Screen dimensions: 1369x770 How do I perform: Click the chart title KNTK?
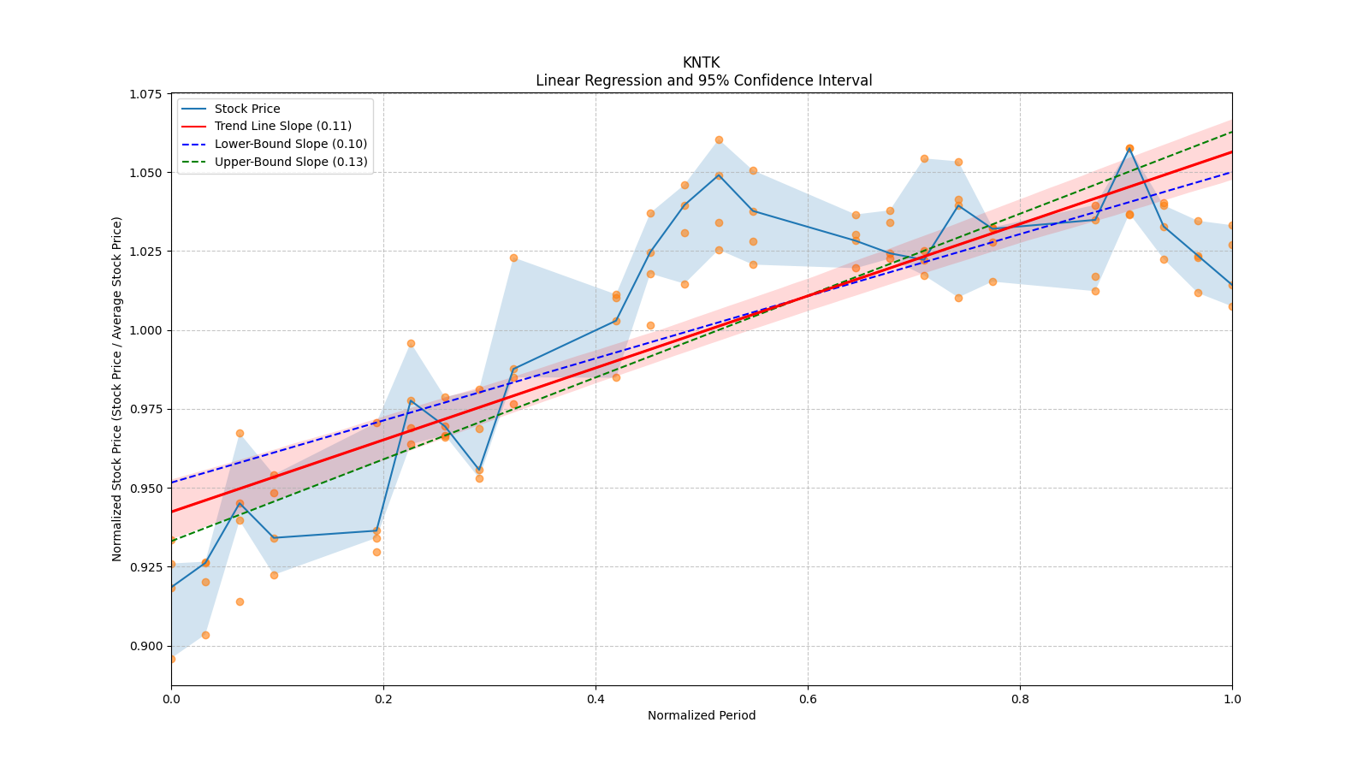(x=701, y=62)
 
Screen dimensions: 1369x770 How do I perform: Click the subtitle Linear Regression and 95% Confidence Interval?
(x=703, y=80)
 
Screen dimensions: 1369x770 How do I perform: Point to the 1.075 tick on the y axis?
(x=146, y=94)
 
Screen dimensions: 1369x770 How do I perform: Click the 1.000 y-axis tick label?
(x=146, y=330)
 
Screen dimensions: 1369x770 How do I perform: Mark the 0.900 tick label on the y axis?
(x=146, y=646)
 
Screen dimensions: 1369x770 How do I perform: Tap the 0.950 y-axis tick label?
(x=146, y=489)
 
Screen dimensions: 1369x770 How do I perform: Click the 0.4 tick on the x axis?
(x=596, y=698)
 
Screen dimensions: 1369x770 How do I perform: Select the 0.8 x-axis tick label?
(x=1020, y=698)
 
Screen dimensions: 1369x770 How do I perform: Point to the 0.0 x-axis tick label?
(x=171, y=698)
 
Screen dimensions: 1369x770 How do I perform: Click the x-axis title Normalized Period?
(x=702, y=715)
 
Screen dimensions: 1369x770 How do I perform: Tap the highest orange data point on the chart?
(x=719, y=140)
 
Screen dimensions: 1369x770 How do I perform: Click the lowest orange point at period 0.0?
(x=172, y=659)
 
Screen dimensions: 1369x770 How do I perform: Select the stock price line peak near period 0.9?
(x=1129, y=148)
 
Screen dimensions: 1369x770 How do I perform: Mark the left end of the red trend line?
(x=172, y=512)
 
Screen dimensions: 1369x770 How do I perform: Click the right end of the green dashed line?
(x=1232, y=132)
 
